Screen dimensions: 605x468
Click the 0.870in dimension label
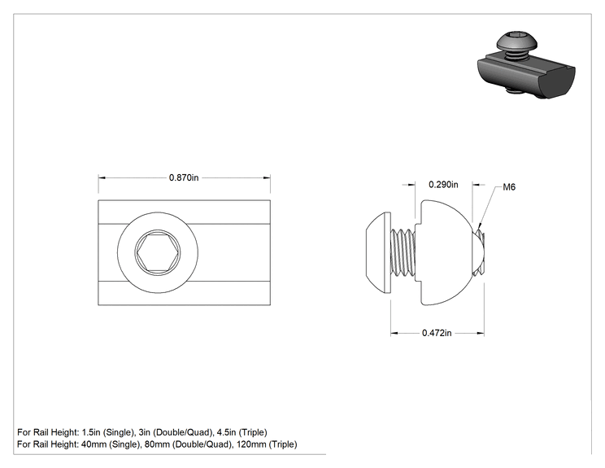[184, 177]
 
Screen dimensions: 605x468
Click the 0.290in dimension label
[443, 185]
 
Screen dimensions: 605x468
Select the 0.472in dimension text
[437, 333]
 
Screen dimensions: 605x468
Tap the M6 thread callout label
[509, 187]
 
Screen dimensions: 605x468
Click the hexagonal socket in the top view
[158, 252]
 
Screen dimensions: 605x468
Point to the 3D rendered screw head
[511, 42]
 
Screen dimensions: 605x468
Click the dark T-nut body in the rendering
[527, 77]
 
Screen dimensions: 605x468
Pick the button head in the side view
[378, 252]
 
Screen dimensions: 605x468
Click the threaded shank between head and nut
[403, 252]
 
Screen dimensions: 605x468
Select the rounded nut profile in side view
[445, 252]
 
